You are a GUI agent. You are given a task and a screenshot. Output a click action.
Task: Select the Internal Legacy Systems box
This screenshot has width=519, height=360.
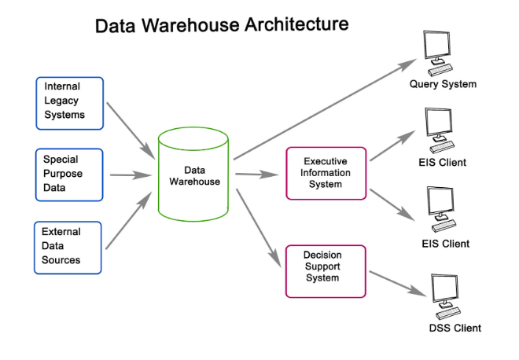point(69,103)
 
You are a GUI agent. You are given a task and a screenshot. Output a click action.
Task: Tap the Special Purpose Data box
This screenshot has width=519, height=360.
point(69,174)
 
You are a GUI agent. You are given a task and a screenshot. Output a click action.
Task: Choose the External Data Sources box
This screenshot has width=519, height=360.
point(68,247)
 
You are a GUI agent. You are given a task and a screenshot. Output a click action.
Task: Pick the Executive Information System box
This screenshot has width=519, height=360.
point(326,173)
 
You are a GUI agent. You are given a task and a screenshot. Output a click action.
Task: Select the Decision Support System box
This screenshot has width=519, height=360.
point(326,271)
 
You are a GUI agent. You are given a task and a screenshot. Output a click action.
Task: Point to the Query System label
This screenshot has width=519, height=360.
point(443,84)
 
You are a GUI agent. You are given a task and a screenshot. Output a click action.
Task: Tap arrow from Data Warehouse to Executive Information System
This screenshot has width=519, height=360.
point(258,174)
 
